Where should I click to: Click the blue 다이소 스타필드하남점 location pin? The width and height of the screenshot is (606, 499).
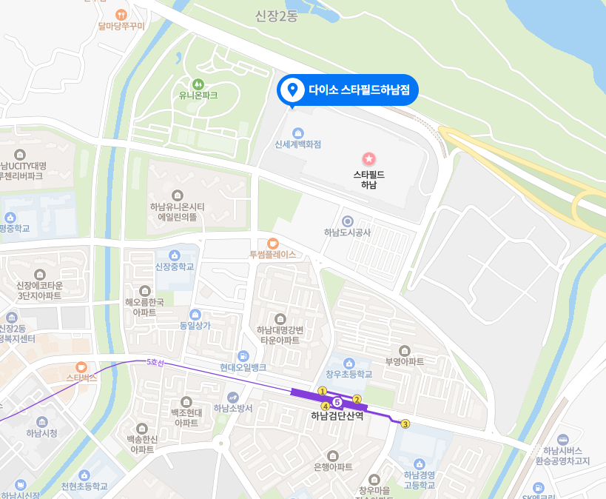292,90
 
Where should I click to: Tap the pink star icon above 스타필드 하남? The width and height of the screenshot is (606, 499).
368,158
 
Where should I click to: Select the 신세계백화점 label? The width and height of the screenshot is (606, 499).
297,144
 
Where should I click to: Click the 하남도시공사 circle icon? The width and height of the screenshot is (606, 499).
348,221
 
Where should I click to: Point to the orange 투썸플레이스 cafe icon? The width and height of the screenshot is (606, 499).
272,243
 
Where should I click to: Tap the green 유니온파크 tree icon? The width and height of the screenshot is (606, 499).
198,84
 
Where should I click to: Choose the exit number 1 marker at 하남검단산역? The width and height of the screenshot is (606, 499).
322,391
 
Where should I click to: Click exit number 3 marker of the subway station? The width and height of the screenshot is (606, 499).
405,423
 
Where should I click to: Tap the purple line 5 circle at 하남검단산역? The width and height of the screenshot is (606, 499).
337,402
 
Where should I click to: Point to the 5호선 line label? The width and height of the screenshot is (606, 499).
155,362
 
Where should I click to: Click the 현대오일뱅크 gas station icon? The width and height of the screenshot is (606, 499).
243,356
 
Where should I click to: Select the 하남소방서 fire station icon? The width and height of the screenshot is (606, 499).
233,397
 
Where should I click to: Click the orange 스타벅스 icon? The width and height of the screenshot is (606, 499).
81,366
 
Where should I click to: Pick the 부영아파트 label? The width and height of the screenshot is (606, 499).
405,362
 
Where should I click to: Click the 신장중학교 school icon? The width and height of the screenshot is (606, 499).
175,255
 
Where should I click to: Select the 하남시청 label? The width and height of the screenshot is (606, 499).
41,433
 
